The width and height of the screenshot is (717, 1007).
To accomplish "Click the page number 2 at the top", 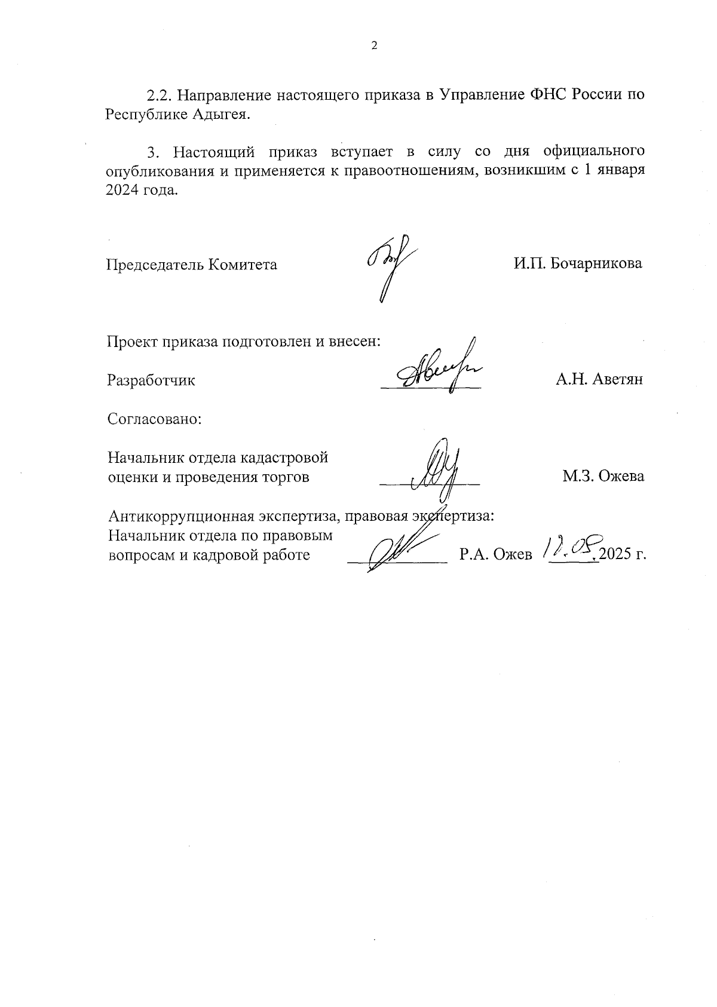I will point(375,46).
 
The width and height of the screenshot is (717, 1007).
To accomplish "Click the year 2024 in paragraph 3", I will point(122,191).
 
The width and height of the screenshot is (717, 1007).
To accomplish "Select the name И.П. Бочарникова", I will point(578,263).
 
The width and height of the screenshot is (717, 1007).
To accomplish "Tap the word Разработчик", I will point(151,380).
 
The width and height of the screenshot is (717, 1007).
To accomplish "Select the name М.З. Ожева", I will point(603,477).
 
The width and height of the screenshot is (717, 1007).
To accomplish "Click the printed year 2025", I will point(615,555).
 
